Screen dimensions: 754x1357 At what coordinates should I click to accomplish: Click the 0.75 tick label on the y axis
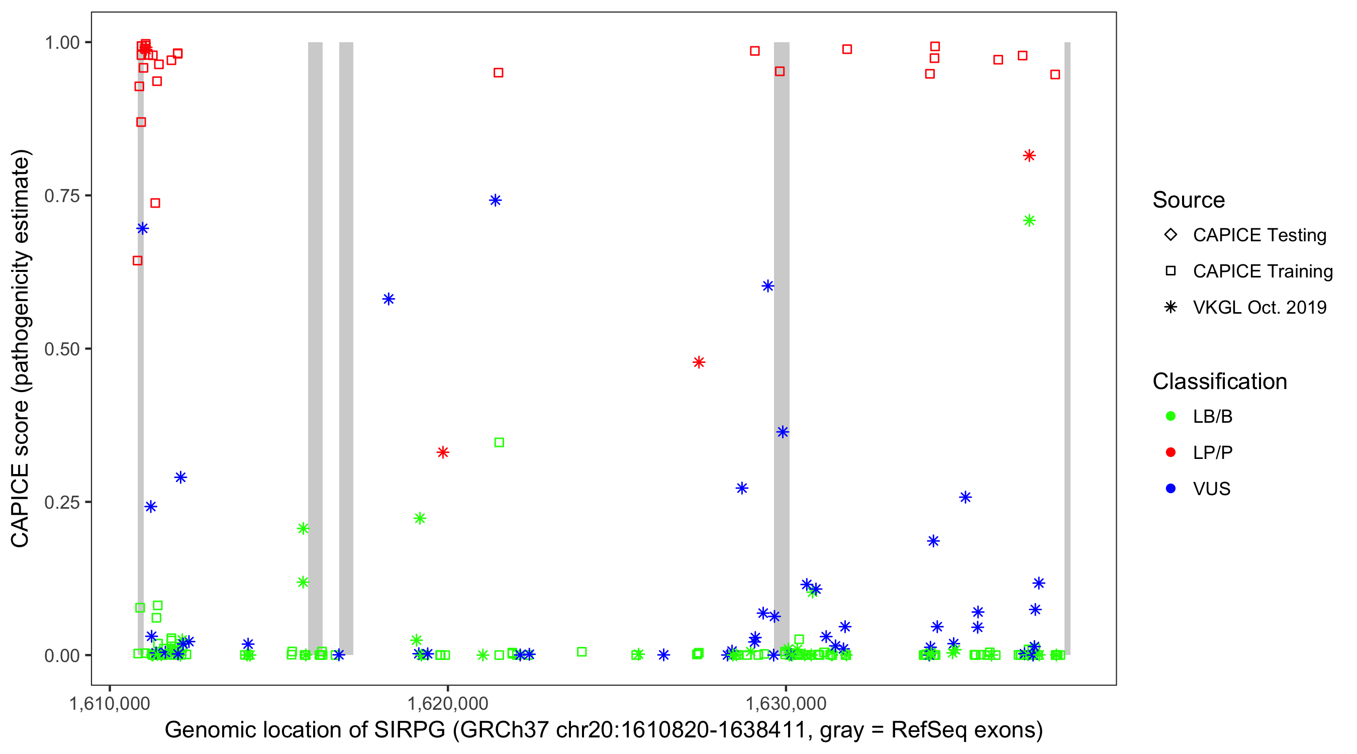[62, 196]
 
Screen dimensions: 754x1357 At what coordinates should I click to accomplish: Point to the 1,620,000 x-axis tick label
[448, 703]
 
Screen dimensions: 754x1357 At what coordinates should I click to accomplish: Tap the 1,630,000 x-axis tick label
[786, 703]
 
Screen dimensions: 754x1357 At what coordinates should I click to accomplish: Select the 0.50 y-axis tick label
[62, 349]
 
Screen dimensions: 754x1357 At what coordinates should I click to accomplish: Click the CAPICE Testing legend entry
[1259, 235]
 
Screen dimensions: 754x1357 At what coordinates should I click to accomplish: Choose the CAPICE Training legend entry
[1262, 271]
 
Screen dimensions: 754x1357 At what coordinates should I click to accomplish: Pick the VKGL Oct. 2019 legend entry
[1259, 308]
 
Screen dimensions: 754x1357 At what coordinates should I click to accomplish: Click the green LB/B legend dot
[1171, 416]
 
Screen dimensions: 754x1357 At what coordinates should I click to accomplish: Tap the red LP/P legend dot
[1171, 452]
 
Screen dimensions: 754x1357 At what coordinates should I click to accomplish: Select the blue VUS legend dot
[1171, 489]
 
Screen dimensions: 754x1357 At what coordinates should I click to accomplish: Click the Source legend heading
[1189, 200]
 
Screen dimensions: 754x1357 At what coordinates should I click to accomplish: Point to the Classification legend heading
[1219, 382]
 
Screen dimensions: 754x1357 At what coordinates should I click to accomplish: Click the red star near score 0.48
[699, 362]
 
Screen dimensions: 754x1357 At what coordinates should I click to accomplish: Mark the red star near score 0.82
[1029, 155]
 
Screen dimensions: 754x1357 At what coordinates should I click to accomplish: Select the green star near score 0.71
[1029, 220]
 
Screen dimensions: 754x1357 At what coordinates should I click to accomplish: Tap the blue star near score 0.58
[388, 299]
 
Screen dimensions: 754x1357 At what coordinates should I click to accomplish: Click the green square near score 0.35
[499, 442]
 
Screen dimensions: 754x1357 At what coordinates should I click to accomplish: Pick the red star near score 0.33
[442, 452]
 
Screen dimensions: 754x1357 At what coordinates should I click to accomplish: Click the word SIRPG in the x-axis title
[410, 730]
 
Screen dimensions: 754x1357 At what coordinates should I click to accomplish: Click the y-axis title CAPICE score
[20, 474]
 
